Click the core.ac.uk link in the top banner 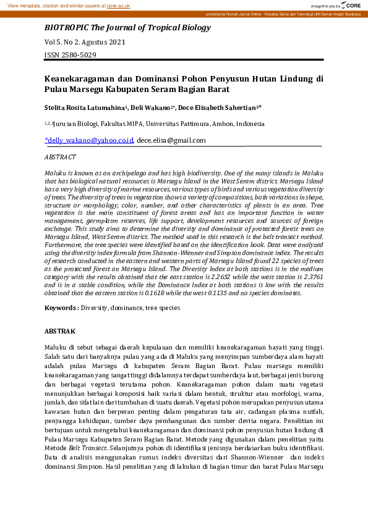click(x=118, y=5)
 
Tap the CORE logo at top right click(x=353, y=5)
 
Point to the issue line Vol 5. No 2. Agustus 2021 click(x=85, y=43)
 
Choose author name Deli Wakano click(x=151, y=107)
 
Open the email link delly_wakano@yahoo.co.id click(x=89, y=140)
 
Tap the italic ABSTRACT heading click(x=61, y=157)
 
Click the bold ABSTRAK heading click(x=60, y=332)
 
